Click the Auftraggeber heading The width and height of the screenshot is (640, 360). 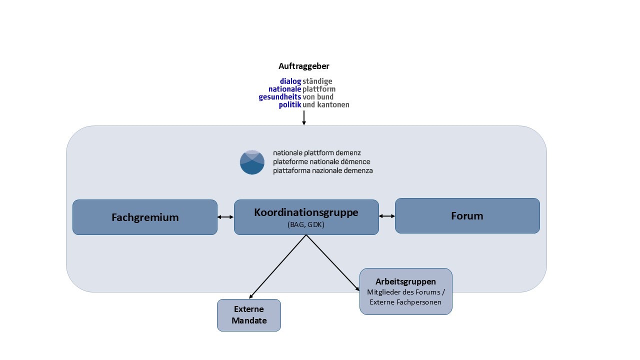pyautogui.click(x=304, y=66)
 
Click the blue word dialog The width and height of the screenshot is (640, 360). pyautogui.click(x=290, y=81)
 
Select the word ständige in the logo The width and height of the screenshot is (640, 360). pyautogui.click(x=317, y=81)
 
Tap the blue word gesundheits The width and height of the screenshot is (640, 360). pyautogui.click(x=280, y=97)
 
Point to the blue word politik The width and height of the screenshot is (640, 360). pyautogui.click(x=290, y=105)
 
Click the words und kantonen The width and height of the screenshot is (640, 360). pyautogui.click(x=326, y=105)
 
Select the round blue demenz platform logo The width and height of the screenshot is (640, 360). pyautogui.click(x=252, y=162)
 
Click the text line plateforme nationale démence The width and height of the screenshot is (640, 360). pyautogui.click(x=321, y=161)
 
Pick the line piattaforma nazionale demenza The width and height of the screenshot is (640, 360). pyautogui.click(x=322, y=170)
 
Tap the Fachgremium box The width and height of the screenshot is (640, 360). pyautogui.click(x=145, y=217)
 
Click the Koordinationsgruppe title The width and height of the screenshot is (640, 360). pyautogui.click(x=306, y=212)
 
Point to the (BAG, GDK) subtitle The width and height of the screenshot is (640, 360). pyautogui.click(x=306, y=225)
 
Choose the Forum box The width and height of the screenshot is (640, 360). pyautogui.click(x=467, y=216)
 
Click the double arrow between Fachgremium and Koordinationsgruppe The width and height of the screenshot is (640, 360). pyautogui.click(x=225, y=217)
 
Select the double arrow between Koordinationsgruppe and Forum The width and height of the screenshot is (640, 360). pyautogui.click(x=387, y=216)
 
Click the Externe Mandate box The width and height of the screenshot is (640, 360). pyautogui.click(x=249, y=315)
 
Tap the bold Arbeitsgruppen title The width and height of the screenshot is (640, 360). pyautogui.click(x=405, y=281)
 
